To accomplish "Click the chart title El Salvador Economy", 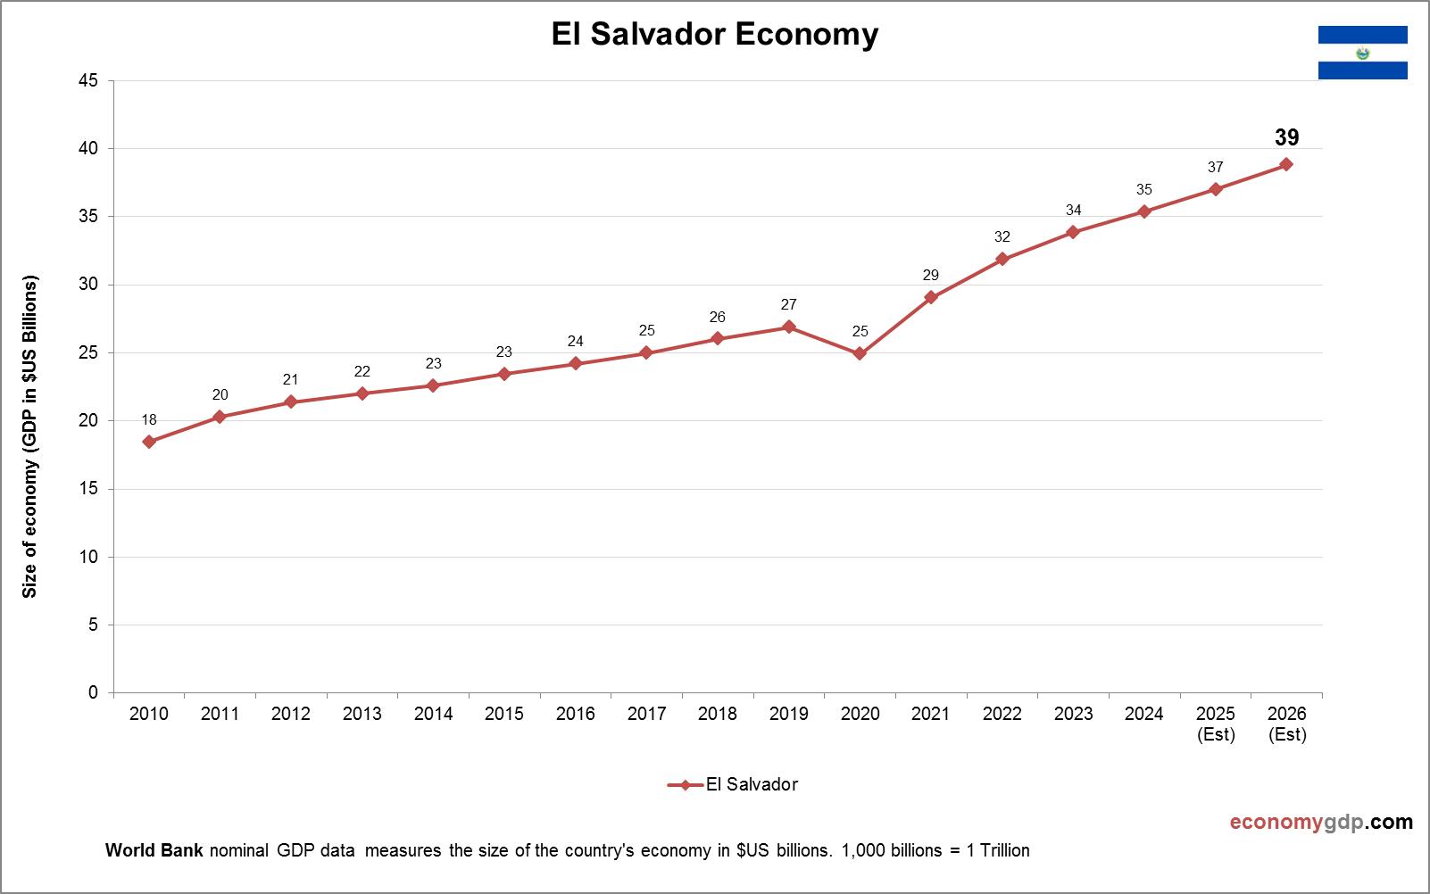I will pos(714,35).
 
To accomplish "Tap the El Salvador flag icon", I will pos(1362,53).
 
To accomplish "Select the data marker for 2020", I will pos(860,353).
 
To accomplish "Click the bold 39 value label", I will pos(1286,137).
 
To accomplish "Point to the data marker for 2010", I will pos(149,442).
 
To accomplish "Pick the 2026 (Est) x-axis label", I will pos(1286,724).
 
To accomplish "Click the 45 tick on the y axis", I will pos(88,80).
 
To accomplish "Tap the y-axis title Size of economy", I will pos(30,437).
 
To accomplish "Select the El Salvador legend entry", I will pos(733,784).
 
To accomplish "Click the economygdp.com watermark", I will pos(1321,822).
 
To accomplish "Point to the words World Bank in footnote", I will pos(154,850).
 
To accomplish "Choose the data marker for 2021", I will pos(931,297).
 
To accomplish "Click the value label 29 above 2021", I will pos(931,275).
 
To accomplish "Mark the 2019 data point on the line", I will pos(788,327).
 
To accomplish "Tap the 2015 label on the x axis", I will pos(504,714).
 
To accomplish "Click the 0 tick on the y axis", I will pos(93,692).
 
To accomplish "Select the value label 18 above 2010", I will pos(149,419).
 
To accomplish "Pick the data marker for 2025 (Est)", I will pos(1216,189).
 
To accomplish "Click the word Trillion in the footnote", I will pos(1004,850).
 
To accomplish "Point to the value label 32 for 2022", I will pos(1002,236).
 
